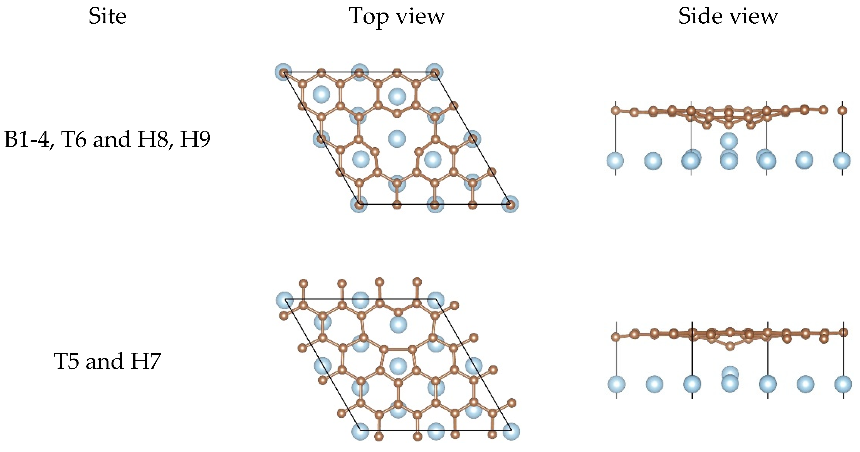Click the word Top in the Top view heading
(368, 17)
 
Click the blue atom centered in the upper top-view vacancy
(397, 139)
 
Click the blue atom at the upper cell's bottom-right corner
(510, 204)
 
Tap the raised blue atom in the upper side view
(728, 141)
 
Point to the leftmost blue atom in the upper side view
(615, 160)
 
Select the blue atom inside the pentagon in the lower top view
(398, 365)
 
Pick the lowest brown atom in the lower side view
(730, 346)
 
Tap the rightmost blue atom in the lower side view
(843, 384)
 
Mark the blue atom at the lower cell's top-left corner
(285, 300)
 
